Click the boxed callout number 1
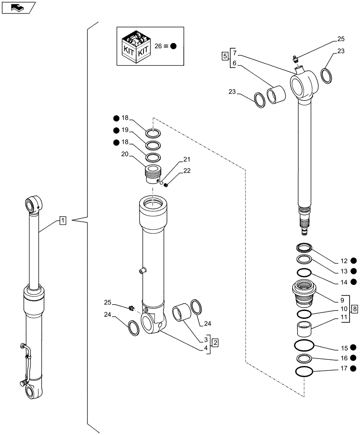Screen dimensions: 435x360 pyautogui.click(x=63, y=221)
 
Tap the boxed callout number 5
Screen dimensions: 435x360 pyautogui.click(x=225, y=56)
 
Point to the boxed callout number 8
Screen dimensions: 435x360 pyautogui.click(x=355, y=309)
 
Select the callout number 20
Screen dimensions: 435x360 pyautogui.click(x=125, y=154)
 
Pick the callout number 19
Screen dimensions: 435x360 pyautogui.click(x=125, y=130)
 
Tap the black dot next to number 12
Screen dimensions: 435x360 pyautogui.click(x=354, y=261)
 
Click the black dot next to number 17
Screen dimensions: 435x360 pyautogui.click(x=354, y=369)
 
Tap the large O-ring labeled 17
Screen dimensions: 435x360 pyautogui.click(x=304, y=372)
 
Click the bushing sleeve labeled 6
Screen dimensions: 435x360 pyautogui.click(x=276, y=96)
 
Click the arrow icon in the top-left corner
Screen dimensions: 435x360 pyautogui.click(x=17, y=7)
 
